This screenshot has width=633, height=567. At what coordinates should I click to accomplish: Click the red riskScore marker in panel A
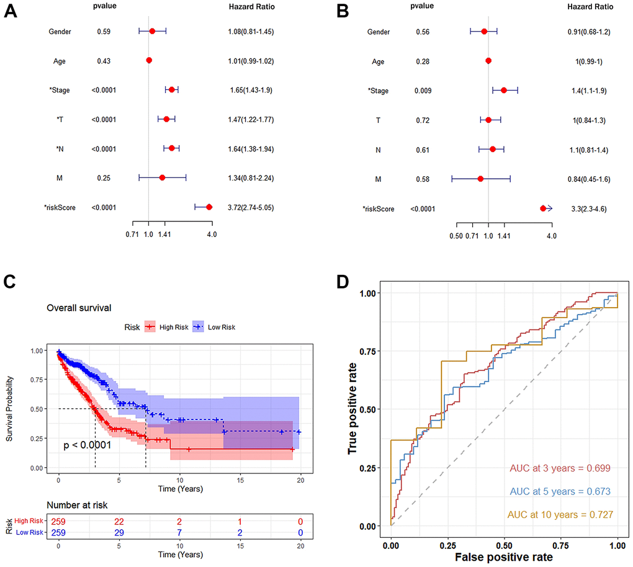point(209,207)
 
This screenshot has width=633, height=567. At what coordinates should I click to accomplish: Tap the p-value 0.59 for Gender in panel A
point(104,31)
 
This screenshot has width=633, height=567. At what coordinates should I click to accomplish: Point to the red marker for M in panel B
point(480,179)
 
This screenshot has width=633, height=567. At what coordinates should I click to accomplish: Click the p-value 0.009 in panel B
point(422,91)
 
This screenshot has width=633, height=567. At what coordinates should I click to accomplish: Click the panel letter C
point(11,282)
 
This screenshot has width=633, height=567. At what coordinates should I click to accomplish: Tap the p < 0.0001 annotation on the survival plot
point(88,445)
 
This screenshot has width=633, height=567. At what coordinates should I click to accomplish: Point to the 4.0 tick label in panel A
point(212,234)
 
